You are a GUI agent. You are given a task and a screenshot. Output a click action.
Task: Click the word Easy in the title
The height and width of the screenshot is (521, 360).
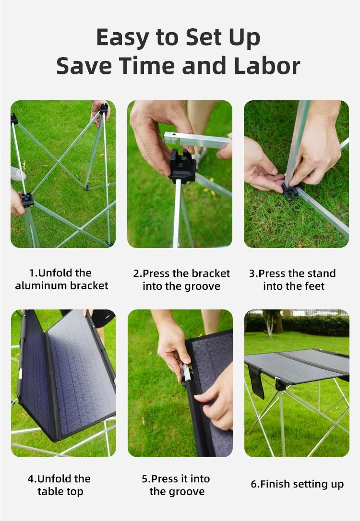[x=122, y=38]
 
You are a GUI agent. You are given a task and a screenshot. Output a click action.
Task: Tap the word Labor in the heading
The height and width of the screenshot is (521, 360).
[x=267, y=65]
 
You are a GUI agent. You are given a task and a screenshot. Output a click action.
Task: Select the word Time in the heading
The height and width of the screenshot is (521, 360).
[x=147, y=65]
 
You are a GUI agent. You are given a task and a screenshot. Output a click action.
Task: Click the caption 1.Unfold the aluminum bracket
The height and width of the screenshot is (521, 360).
[x=61, y=279]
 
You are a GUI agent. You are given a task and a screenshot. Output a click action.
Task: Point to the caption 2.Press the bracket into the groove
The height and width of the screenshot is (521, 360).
[x=181, y=279]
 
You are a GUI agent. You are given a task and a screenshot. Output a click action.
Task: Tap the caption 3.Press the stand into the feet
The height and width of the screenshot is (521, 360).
[x=292, y=279]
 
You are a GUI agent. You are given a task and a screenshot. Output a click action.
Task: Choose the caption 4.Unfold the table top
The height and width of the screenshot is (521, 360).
[x=59, y=485]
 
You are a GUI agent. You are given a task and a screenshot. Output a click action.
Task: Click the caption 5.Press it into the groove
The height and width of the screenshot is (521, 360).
[x=176, y=485]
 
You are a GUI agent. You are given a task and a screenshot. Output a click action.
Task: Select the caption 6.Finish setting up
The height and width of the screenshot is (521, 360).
[x=297, y=485]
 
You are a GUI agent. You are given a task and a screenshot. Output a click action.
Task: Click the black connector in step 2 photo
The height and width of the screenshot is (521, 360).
[x=182, y=166]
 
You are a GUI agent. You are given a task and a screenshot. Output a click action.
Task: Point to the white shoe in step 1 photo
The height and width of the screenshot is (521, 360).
[x=17, y=174]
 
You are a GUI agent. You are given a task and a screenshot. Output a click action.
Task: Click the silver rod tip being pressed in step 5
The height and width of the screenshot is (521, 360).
[x=187, y=372]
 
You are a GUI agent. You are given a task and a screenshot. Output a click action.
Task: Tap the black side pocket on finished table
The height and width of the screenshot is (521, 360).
[x=256, y=381]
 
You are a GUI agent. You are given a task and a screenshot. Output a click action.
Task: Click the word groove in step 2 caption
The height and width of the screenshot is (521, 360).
[x=201, y=286]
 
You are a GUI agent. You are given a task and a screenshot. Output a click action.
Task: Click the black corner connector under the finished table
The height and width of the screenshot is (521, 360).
[x=280, y=385]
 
